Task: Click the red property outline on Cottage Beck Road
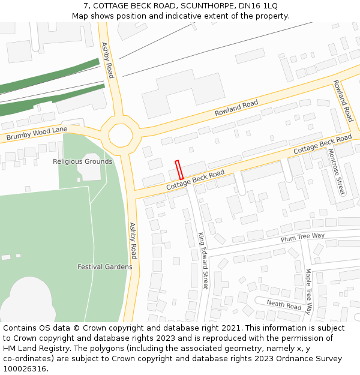coord(178,169)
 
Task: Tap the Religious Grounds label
coord(82,161)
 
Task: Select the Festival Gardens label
coord(105,266)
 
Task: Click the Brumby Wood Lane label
coord(37,134)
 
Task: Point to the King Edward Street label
coord(203,260)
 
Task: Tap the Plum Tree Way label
coord(302,238)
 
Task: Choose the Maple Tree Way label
coord(308,291)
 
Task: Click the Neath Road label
coord(284,305)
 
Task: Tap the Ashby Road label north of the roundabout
coord(107,60)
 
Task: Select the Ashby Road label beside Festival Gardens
coord(133,241)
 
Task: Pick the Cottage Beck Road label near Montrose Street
coord(322,143)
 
